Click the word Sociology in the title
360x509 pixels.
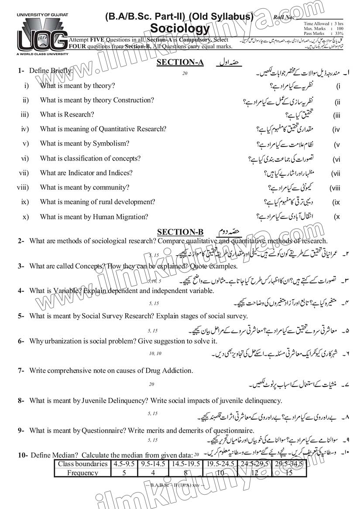tap(180, 28)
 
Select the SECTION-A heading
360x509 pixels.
tap(180, 62)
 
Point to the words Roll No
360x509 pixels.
tap(283, 17)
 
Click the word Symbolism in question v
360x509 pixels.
tap(111, 143)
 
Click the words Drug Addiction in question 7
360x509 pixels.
tap(169, 371)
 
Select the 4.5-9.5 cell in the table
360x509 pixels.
tap(124, 464)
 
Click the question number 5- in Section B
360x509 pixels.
tap(21, 316)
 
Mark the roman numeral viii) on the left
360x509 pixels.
tap(23, 188)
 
